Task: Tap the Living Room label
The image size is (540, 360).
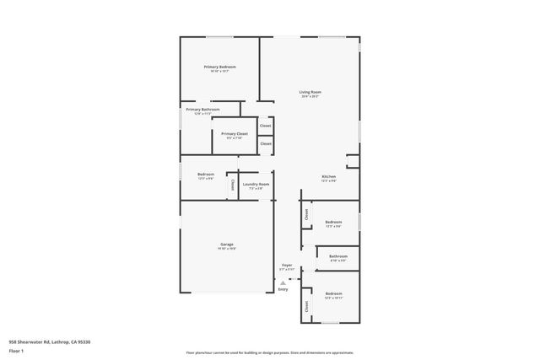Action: click(310, 92)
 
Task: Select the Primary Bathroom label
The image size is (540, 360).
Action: click(203, 110)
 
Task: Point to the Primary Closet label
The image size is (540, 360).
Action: click(235, 133)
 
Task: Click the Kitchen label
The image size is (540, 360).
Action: click(328, 177)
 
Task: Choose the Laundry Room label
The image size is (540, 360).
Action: click(256, 184)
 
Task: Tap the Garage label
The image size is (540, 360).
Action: click(227, 244)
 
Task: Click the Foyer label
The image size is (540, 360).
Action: click(287, 265)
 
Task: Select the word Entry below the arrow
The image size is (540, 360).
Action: click(283, 289)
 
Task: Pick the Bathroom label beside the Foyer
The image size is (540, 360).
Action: click(337, 256)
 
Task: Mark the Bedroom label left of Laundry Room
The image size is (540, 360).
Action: click(206, 175)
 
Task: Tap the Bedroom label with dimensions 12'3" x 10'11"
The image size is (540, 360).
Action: click(333, 294)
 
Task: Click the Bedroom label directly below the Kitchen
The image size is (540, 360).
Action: click(333, 222)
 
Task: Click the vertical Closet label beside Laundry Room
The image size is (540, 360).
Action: click(232, 185)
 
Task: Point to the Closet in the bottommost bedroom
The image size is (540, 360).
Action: click(306, 309)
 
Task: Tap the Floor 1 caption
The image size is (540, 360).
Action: click(15, 350)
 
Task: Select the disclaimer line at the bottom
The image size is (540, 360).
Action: click(269, 353)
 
